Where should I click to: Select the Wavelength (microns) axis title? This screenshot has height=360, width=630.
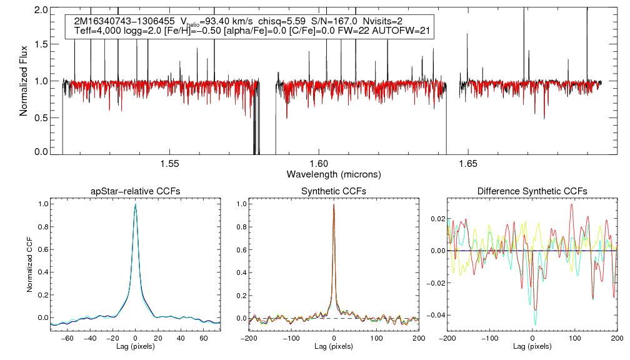[x=334, y=174]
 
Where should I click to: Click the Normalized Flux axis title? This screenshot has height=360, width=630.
[x=24, y=81]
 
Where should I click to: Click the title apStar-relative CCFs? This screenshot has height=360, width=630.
[x=135, y=191]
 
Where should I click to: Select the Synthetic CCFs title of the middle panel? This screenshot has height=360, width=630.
[x=334, y=191]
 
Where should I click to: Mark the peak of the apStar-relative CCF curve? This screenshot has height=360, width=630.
[x=135, y=205]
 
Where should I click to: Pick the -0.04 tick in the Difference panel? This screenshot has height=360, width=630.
[x=433, y=315]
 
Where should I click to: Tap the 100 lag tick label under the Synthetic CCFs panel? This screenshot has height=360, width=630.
[x=376, y=337]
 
